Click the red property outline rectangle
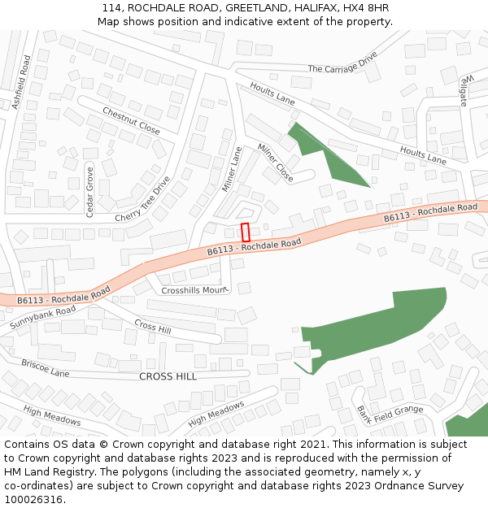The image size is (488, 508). coord(245,231)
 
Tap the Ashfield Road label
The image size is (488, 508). coord(21,81)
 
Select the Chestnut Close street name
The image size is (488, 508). coord(131,119)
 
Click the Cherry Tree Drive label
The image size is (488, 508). coord(143,200)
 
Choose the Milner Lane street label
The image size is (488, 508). coord(233,169)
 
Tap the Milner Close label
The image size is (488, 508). coord(275,162)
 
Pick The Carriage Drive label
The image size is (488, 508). coord(342,63)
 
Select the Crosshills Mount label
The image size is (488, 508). coord(194,290)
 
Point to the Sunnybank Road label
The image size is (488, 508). coord(43,318)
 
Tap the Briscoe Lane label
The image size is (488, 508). coord(46,368)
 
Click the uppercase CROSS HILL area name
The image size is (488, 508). coord(168,376)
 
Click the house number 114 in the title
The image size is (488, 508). coord(111,8)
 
